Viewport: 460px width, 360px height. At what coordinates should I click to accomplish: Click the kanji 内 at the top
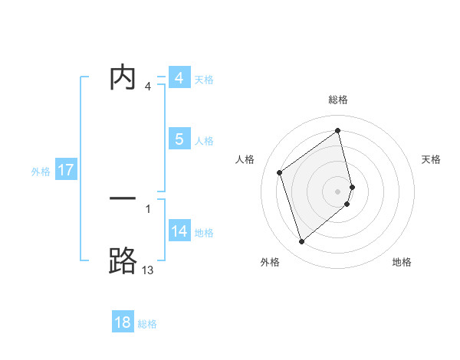pyautogui.click(x=123, y=78)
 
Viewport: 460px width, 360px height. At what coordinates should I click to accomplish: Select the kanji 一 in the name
pyautogui.click(x=123, y=198)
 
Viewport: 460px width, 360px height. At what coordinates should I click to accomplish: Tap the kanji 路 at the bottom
pyautogui.click(x=123, y=260)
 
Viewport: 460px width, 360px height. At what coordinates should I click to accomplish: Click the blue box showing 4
pyautogui.click(x=179, y=78)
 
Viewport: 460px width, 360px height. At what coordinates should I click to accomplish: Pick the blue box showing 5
pyautogui.click(x=179, y=139)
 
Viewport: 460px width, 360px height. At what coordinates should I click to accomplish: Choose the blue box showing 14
pyautogui.click(x=179, y=231)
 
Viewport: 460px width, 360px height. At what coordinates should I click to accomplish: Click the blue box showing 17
pyautogui.click(x=66, y=170)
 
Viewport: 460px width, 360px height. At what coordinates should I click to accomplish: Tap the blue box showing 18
pyautogui.click(x=123, y=322)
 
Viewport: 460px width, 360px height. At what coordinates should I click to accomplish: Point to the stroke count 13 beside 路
pyautogui.click(x=147, y=270)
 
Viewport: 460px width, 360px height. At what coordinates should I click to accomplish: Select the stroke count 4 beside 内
pyautogui.click(x=148, y=87)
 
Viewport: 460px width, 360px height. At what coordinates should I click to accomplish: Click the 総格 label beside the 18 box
pyautogui.click(x=147, y=324)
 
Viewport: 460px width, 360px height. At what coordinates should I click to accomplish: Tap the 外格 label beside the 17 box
pyautogui.click(x=41, y=172)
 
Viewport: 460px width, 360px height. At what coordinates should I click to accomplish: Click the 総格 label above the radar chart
pyautogui.click(x=338, y=100)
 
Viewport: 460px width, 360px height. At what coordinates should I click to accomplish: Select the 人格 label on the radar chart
pyautogui.click(x=245, y=159)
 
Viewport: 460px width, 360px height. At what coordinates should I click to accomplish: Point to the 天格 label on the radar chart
pyautogui.click(x=432, y=159)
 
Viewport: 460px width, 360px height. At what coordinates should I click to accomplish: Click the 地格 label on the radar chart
pyautogui.click(x=402, y=263)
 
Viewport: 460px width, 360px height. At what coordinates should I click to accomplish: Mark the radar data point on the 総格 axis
pyautogui.click(x=338, y=130)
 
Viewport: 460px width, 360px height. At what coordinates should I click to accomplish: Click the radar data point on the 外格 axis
pyautogui.click(x=301, y=242)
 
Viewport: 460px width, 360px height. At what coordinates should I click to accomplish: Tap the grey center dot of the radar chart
pyautogui.click(x=338, y=191)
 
